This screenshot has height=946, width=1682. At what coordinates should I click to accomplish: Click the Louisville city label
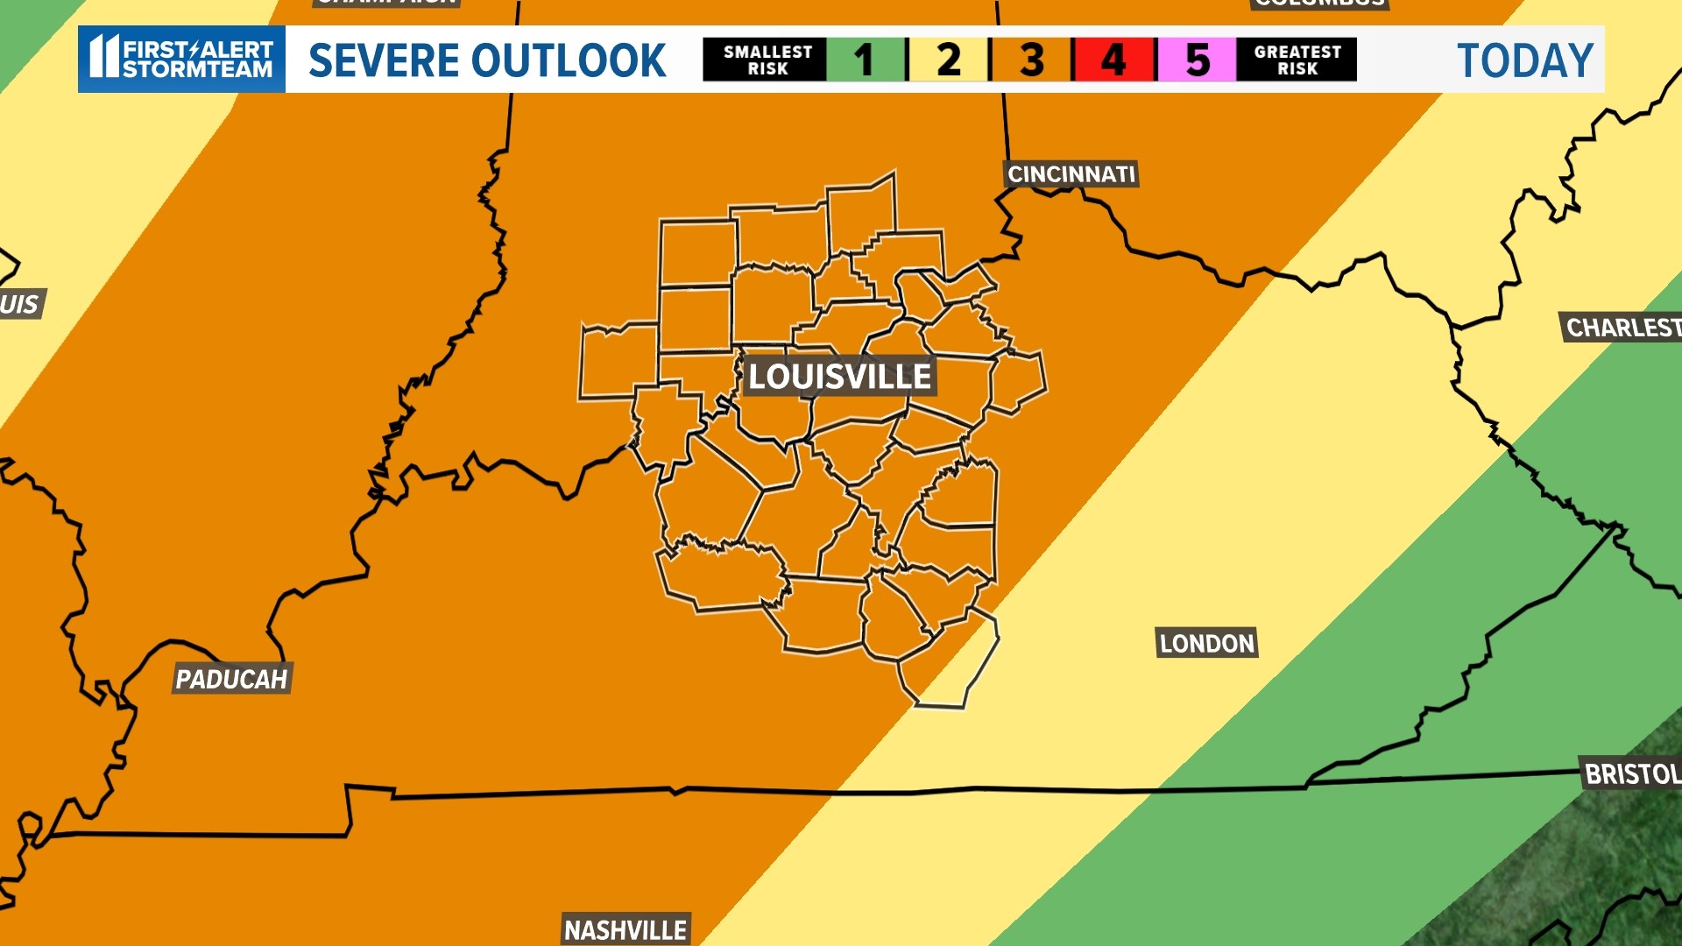[x=839, y=377]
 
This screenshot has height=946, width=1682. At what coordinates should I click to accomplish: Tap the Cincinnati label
[x=1071, y=174]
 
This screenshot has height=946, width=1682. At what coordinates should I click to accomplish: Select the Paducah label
[x=231, y=679]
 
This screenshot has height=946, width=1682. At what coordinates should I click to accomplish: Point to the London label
[x=1206, y=644]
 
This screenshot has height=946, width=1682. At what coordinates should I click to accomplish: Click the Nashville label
[x=625, y=929]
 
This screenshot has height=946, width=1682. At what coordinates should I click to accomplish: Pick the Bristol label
[x=1631, y=774]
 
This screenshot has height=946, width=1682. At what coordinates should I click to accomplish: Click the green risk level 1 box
[x=866, y=60]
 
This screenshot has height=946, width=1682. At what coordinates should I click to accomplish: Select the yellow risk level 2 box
[x=949, y=60]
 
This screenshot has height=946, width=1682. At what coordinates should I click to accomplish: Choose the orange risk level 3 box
[x=1031, y=60]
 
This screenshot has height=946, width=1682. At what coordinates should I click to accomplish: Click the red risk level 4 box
[x=1113, y=60]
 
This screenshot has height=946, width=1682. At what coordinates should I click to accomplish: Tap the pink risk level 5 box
[x=1197, y=60]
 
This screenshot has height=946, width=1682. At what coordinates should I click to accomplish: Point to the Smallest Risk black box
[x=767, y=60]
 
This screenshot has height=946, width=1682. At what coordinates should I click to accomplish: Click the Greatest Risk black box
[x=1297, y=60]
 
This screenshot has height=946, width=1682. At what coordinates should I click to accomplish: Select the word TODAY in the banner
[x=1524, y=60]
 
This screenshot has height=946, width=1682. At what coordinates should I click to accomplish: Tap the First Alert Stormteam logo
[x=181, y=59]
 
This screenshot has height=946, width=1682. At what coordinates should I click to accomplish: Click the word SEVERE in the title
[x=382, y=60]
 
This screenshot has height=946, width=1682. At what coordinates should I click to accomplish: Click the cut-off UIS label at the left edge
[x=19, y=305]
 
